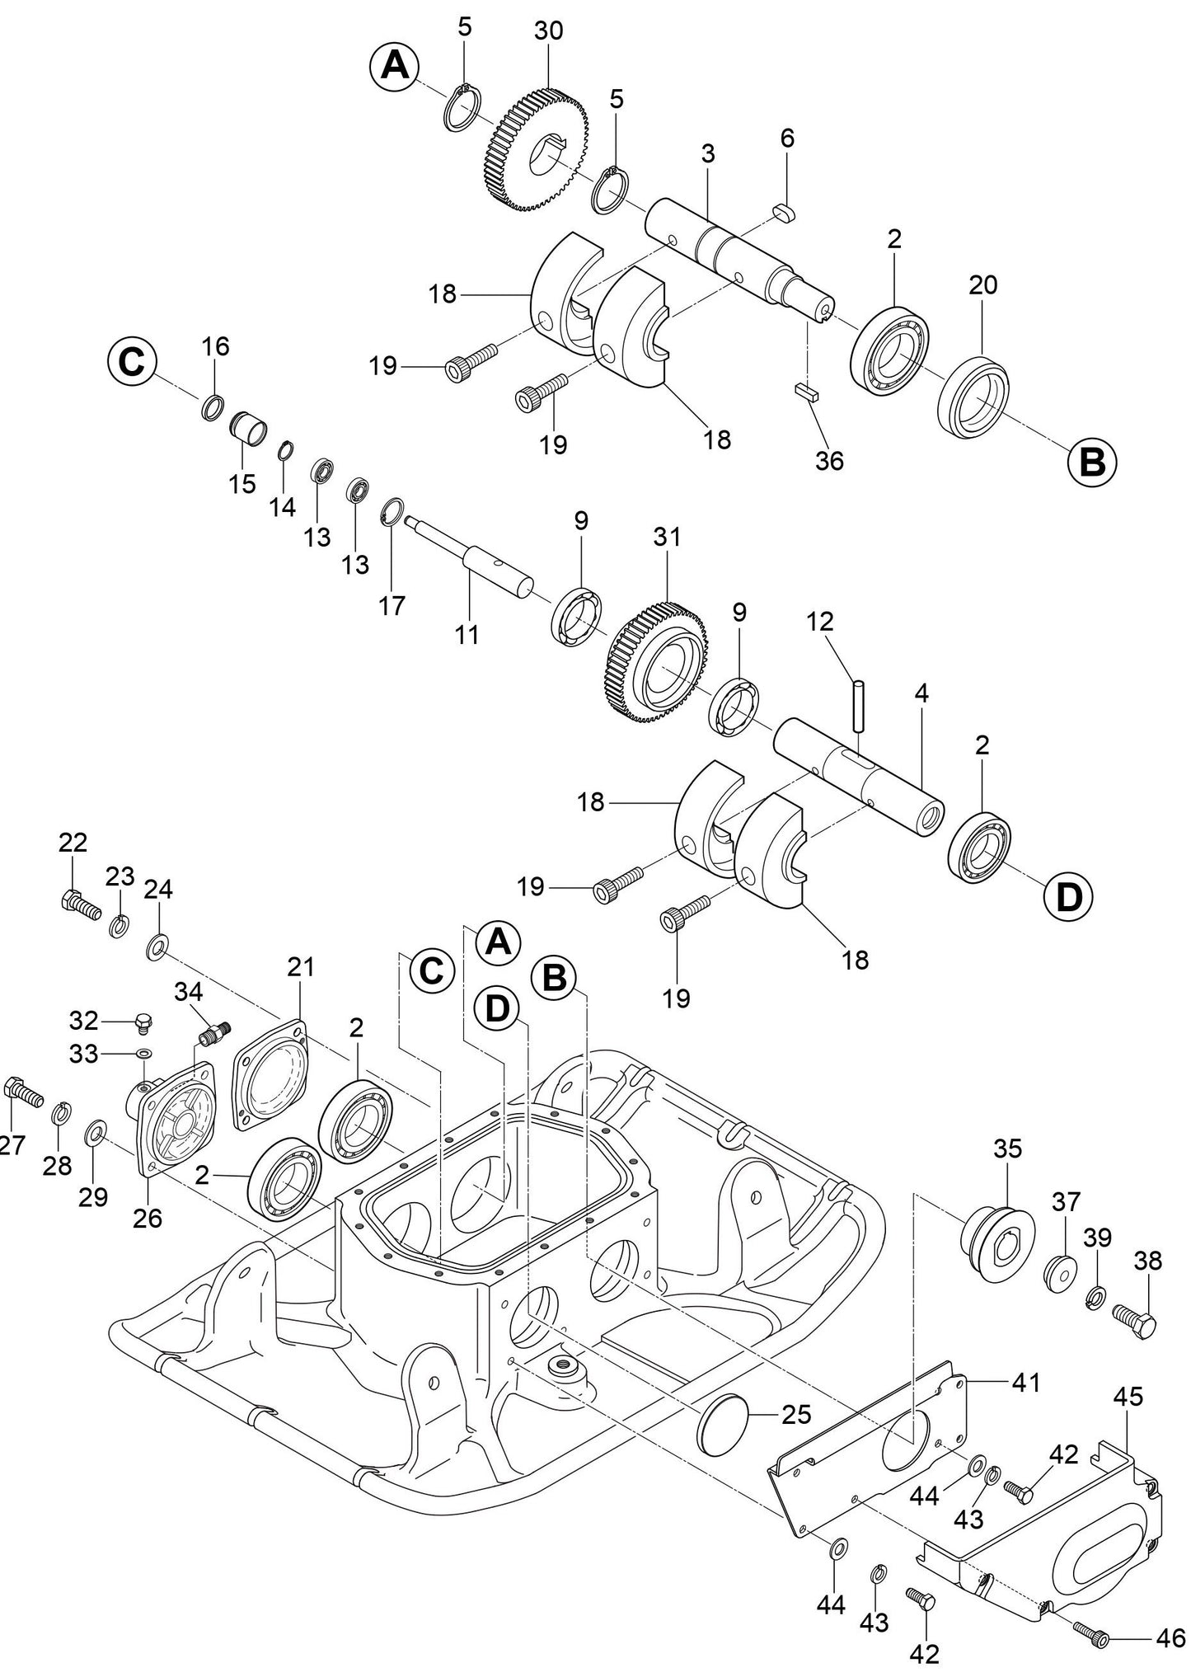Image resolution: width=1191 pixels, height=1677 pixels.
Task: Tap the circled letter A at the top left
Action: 394,64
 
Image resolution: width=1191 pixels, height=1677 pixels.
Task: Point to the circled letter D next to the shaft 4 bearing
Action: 1068,896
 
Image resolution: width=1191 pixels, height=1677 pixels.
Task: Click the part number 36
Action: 829,460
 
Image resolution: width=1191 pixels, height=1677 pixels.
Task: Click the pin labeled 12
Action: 859,704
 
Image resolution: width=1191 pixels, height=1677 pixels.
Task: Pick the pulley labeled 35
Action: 996,1242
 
